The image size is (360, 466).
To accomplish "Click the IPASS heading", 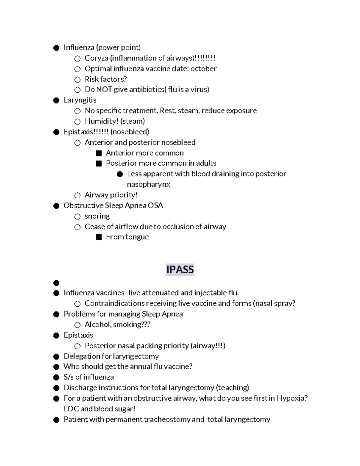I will click(180, 269).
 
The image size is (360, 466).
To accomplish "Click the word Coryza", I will click(96, 58).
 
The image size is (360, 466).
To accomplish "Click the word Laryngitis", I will click(80, 100).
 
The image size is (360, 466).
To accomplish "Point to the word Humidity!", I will click(101, 121).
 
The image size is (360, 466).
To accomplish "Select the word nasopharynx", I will click(148, 184).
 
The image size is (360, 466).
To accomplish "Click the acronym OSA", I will click(155, 206).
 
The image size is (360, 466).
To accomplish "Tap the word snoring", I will click(97, 216).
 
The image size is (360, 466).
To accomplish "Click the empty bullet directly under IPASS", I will click(56, 283).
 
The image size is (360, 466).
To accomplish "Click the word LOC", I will click(71, 409).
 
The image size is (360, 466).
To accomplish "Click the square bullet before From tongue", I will click(99, 237).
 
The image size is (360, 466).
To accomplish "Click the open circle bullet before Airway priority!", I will click(77, 195).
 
